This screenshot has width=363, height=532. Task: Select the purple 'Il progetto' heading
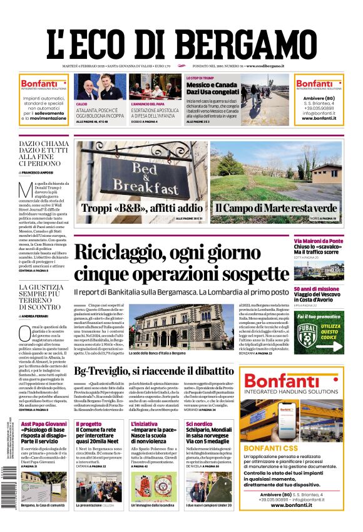(x=88, y=424)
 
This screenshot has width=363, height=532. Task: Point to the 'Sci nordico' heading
(x=199, y=424)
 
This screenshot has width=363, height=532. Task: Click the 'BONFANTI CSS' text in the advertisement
(x=273, y=466)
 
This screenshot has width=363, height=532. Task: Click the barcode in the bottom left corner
(x=8, y=495)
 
